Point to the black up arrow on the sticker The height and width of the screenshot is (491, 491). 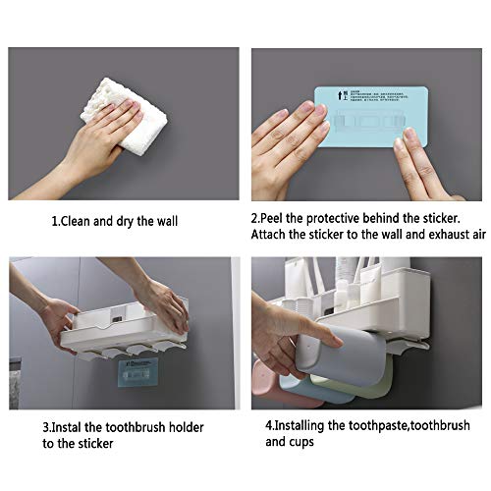click(x=339, y=97)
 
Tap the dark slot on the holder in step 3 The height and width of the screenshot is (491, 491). click(x=116, y=317)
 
